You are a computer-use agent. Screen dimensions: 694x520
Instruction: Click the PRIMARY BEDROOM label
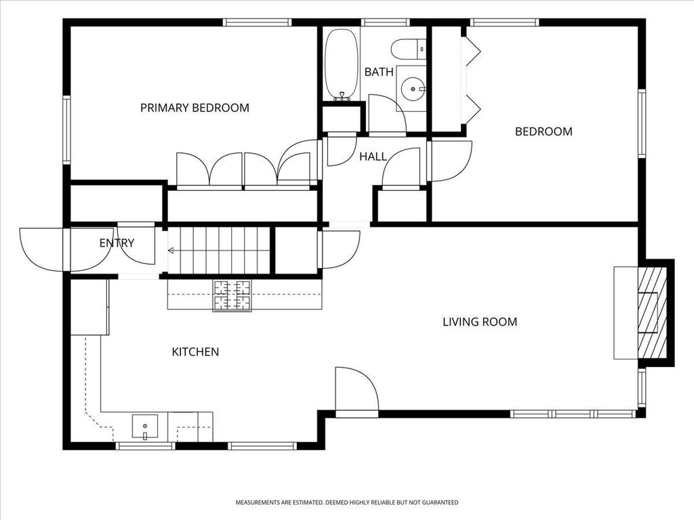click(195, 108)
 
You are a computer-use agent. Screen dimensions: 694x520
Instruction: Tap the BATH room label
click(379, 72)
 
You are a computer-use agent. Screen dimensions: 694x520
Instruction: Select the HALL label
click(373, 156)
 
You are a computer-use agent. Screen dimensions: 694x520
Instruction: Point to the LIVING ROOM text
click(480, 322)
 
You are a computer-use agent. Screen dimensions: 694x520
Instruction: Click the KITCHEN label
click(195, 352)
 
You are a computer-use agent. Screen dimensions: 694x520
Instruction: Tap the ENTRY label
click(117, 243)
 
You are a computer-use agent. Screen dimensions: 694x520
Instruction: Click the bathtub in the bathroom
click(342, 64)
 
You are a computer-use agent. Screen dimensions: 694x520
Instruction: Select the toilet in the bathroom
click(409, 49)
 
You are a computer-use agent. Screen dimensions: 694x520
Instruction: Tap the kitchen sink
click(145, 427)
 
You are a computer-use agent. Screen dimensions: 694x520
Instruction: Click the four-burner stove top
click(232, 296)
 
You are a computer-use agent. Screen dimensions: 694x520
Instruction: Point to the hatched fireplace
click(652, 313)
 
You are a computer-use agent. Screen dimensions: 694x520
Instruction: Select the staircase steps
click(219, 251)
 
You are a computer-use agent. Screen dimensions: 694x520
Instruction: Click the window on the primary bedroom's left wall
click(66, 130)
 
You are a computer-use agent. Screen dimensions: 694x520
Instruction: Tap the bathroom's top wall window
click(385, 22)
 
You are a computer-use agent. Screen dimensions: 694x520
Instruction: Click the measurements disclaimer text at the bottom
click(347, 502)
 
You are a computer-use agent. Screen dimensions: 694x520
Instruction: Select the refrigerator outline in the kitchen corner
click(90, 307)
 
